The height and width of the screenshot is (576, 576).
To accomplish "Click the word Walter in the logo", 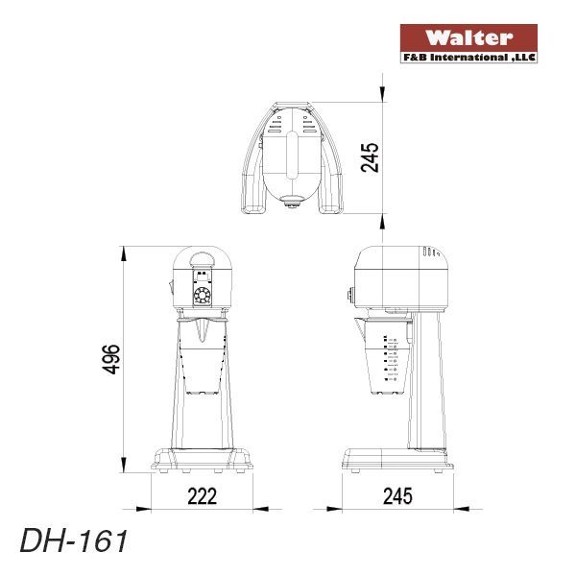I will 468,38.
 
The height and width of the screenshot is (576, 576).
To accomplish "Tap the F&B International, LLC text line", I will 468,58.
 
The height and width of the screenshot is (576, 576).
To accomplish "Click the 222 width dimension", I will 203,495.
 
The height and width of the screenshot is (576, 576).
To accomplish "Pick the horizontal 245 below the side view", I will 396,495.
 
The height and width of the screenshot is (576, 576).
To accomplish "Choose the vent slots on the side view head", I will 430,255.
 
